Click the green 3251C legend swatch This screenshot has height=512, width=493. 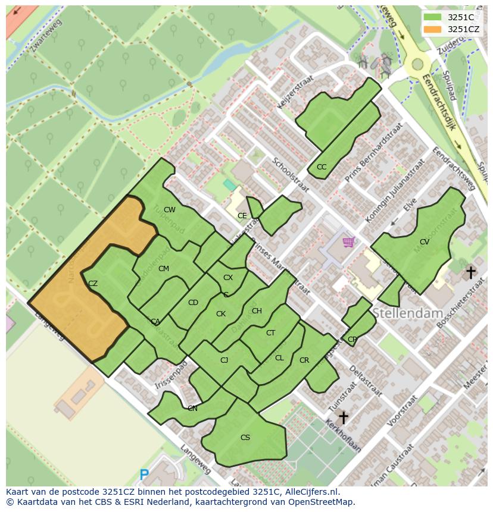433,17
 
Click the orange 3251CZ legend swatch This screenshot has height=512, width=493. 433,29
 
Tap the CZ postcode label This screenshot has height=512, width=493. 92,284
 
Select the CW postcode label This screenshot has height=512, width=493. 170,210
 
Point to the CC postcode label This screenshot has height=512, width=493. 322,167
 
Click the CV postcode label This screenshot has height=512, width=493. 425,242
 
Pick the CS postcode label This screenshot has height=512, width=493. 245,438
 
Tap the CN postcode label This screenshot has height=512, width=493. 192,409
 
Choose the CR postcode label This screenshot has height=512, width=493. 304,360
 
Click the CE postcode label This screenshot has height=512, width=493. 242,216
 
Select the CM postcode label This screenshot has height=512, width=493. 164,269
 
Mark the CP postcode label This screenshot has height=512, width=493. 352,340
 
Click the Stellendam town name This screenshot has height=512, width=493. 408,313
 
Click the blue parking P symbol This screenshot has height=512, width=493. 143,475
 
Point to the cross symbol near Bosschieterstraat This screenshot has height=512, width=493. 470,273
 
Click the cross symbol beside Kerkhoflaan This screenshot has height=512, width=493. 343,417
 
